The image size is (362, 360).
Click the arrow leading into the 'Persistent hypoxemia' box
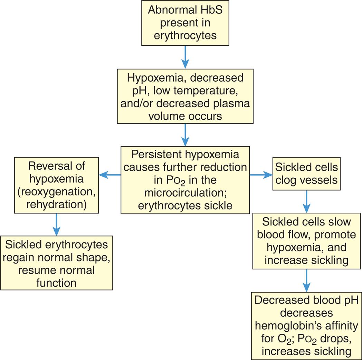point(185,135)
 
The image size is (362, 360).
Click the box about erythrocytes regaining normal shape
point(56,263)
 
